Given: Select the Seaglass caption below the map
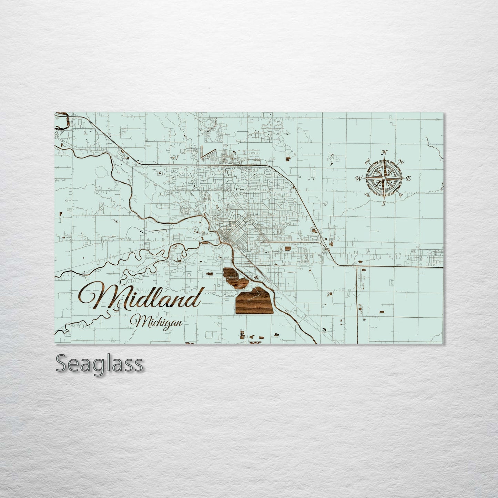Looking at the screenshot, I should coord(99,364).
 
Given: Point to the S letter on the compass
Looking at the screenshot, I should coord(384,203).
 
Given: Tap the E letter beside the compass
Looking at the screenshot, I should coord(409,178).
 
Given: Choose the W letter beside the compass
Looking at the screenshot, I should coord(359,178).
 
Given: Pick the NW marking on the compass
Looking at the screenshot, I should coord(367,160).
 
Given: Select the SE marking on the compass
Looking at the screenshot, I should coord(400,195).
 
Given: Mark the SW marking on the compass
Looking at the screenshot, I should coord(367,195).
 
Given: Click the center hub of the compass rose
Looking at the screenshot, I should coord(384,177).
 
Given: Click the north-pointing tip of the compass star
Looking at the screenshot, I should coord(384,159).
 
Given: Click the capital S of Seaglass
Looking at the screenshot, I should coord(61,364).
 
